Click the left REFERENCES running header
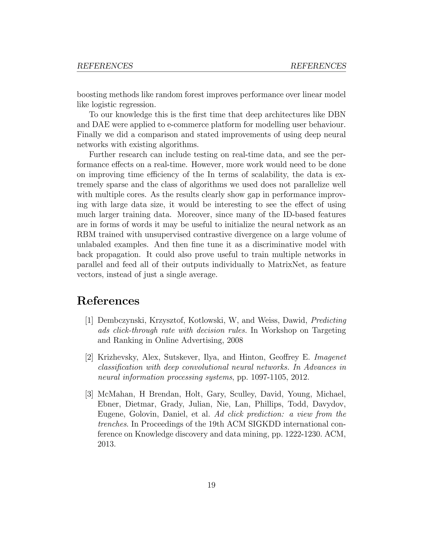(x=105, y=66)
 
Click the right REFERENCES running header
(x=318, y=66)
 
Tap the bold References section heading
(x=108, y=301)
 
